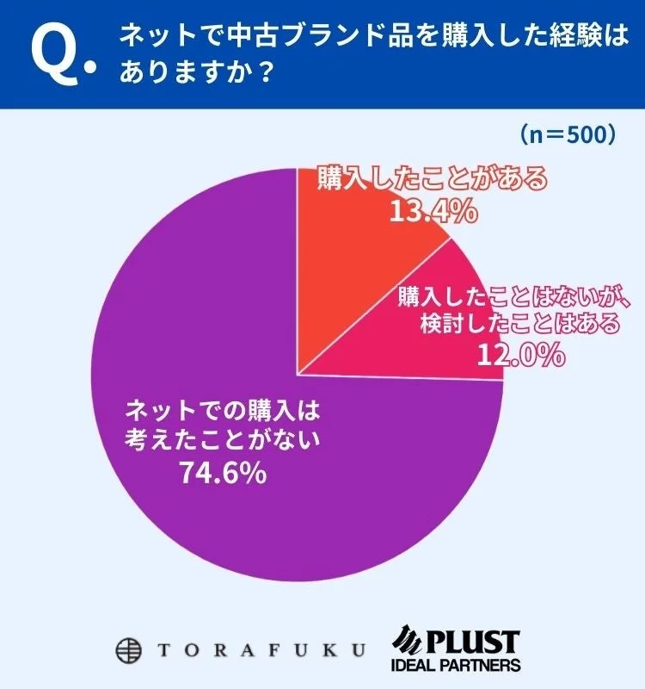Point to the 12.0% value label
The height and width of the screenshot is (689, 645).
click(520, 353)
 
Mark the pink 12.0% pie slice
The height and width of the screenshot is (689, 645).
click(413, 344)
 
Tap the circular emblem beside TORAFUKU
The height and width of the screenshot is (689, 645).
click(130, 648)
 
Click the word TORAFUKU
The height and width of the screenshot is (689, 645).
click(259, 649)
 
